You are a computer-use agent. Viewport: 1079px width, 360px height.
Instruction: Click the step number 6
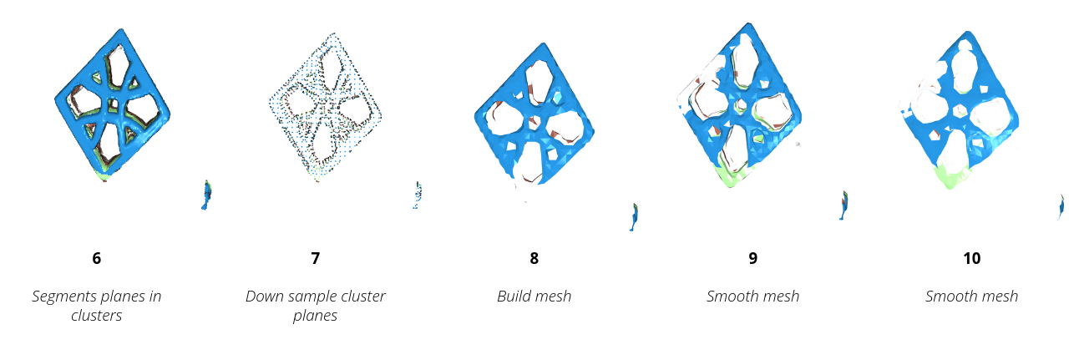coord(97,258)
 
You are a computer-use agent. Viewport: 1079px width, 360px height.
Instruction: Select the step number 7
coord(315,258)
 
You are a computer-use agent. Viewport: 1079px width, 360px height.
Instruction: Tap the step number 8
coord(534,258)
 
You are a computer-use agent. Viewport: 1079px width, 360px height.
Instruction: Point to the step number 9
coord(752,258)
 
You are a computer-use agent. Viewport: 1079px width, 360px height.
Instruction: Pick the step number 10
coord(971,258)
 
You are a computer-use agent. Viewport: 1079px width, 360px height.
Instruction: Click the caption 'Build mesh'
coord(534,297)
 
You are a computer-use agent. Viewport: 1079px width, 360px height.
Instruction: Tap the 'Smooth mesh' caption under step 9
coord(752,297)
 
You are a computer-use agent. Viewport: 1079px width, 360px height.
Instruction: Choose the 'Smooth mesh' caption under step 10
coord(971,297)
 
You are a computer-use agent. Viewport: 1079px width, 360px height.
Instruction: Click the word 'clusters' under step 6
coord(97,317)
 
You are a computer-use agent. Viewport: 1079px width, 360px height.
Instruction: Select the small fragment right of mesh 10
coord(1061,205)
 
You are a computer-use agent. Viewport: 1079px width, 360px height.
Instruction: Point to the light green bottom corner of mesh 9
coord(729,175)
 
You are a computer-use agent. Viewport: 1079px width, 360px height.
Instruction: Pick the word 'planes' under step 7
coord(315,317)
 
